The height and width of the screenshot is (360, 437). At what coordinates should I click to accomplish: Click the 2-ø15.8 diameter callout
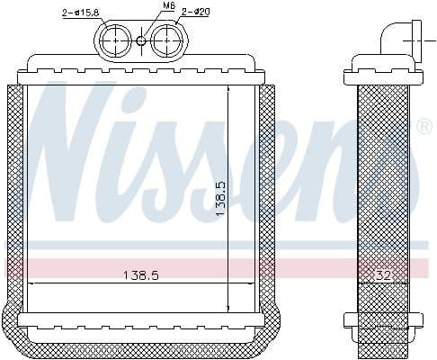(82, 13)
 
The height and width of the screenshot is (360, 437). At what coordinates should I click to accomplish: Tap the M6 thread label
(144, 6)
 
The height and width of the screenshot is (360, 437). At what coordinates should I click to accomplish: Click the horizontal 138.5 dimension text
(140, 275)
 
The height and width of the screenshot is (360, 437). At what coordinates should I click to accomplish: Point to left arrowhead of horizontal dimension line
(31, 283)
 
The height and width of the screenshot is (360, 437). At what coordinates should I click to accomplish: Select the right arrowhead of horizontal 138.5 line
(254, 283)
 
